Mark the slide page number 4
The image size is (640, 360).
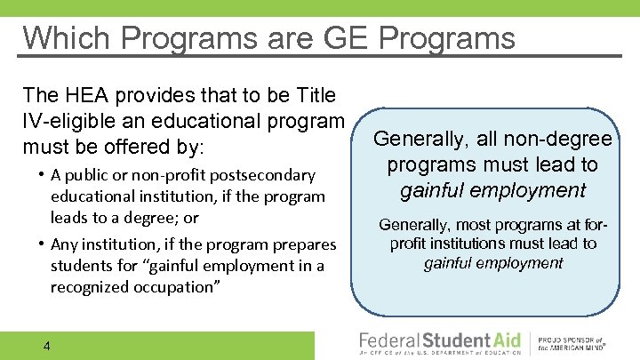pos(46,345)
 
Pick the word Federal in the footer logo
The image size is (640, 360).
pos(390,341)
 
